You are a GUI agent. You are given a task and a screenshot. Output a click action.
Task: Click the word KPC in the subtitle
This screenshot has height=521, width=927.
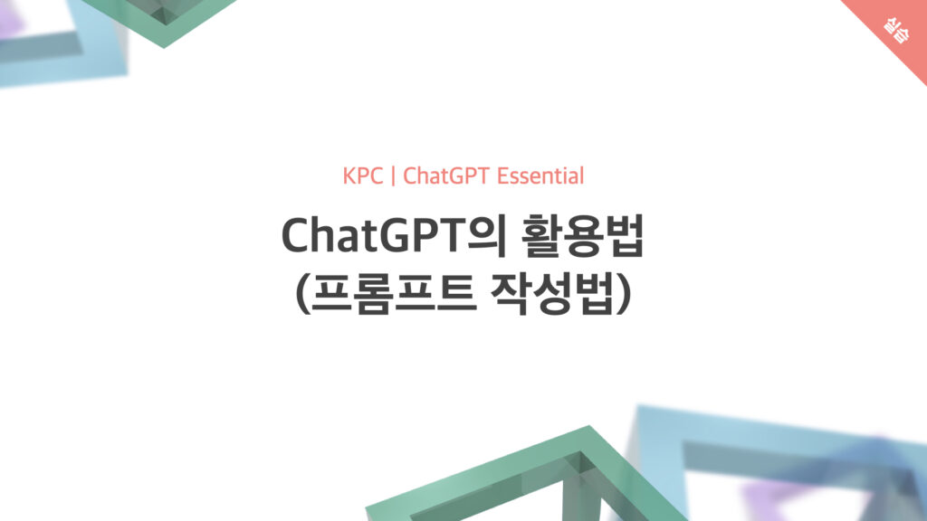[x=362, y=176]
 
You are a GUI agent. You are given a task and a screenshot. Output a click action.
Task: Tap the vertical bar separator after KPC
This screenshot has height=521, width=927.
[x=393, y=176]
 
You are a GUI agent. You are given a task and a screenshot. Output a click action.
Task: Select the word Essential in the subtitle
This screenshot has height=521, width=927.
[x=540, y=176]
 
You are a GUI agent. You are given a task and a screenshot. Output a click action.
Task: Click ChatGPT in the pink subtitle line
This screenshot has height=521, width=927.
[x=446, y=176]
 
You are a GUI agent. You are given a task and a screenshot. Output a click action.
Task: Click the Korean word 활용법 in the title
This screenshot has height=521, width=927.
[x=582, y=236]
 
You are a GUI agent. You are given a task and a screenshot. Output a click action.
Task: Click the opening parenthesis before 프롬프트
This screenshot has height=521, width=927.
[x=301, y=294]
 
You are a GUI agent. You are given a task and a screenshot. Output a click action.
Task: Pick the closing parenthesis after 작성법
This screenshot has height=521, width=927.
[x=624, y=294]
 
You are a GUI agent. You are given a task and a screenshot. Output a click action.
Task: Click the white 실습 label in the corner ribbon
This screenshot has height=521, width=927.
[x=896, y=30]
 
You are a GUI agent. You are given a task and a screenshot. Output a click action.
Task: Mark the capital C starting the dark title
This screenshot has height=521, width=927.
[x=297, y=236]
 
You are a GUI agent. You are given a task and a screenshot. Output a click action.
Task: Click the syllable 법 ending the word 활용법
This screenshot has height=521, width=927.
[x=625, y=236]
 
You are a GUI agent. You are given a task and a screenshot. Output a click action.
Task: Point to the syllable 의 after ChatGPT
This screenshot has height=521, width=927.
[x=486, y=236]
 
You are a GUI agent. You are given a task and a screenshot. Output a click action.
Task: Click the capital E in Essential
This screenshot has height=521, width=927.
[x=503, y=176]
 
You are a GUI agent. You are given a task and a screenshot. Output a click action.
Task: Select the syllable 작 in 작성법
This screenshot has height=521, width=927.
[x=511, y=294]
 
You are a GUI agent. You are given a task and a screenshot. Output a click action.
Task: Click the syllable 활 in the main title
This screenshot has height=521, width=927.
[x=541, y=236]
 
